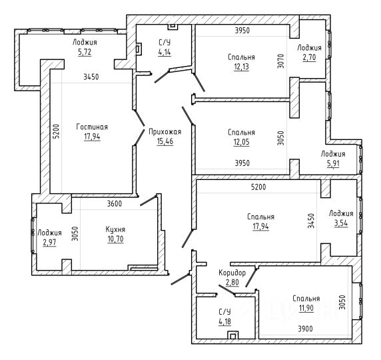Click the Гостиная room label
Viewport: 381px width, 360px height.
pos(92,127)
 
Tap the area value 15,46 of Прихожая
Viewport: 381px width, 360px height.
pos(165,141)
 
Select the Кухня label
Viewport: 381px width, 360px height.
pos(115,229)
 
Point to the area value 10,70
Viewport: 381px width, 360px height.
pos(115,239)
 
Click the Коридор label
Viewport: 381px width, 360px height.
pos(232,273)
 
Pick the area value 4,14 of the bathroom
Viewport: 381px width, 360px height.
pos(165,52)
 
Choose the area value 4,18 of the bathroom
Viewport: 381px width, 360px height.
pos(224,321)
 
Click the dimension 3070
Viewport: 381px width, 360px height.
pos(280,61)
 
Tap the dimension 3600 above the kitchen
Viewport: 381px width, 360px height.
pos(115,203)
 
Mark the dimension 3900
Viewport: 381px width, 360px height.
pos(306,329)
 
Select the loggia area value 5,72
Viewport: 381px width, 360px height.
pos(85,52)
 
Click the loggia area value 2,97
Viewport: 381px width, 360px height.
pos(49,243)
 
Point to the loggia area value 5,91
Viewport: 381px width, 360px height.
pos(333,164)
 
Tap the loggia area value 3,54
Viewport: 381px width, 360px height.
pos(341,223)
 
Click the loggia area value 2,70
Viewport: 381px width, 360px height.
pos(309,57)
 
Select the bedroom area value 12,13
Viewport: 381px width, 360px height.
pos(242,67)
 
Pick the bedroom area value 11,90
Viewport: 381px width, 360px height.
pos(306,308)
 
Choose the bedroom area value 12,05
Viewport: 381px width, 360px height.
pos(242,142)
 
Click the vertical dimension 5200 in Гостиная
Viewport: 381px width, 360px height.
pos(57,131)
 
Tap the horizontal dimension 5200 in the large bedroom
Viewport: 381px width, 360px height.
pos(258,187)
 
